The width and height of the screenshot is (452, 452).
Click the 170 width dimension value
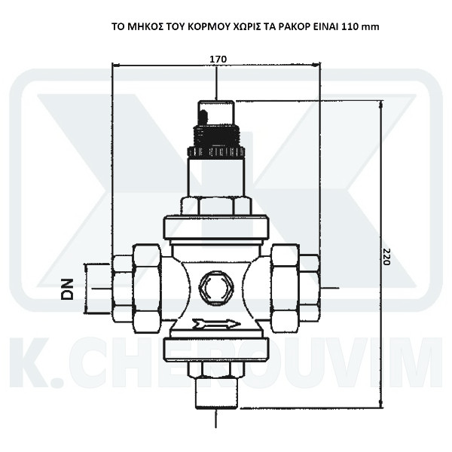pyautogui.click(x=218, y=59)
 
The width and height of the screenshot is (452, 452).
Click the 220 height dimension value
pyautogui.click(x=386, y=257)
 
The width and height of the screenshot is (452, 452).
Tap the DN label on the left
pyautogui.click(x=68, y=289)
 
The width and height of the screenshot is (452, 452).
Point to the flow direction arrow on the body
pyautogui.click(x=216, y=324)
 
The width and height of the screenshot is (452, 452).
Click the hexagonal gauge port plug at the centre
pyautogui.click(x=216, y=288)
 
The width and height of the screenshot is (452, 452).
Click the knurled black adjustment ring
pyautogui.click(x=216, y=151)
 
